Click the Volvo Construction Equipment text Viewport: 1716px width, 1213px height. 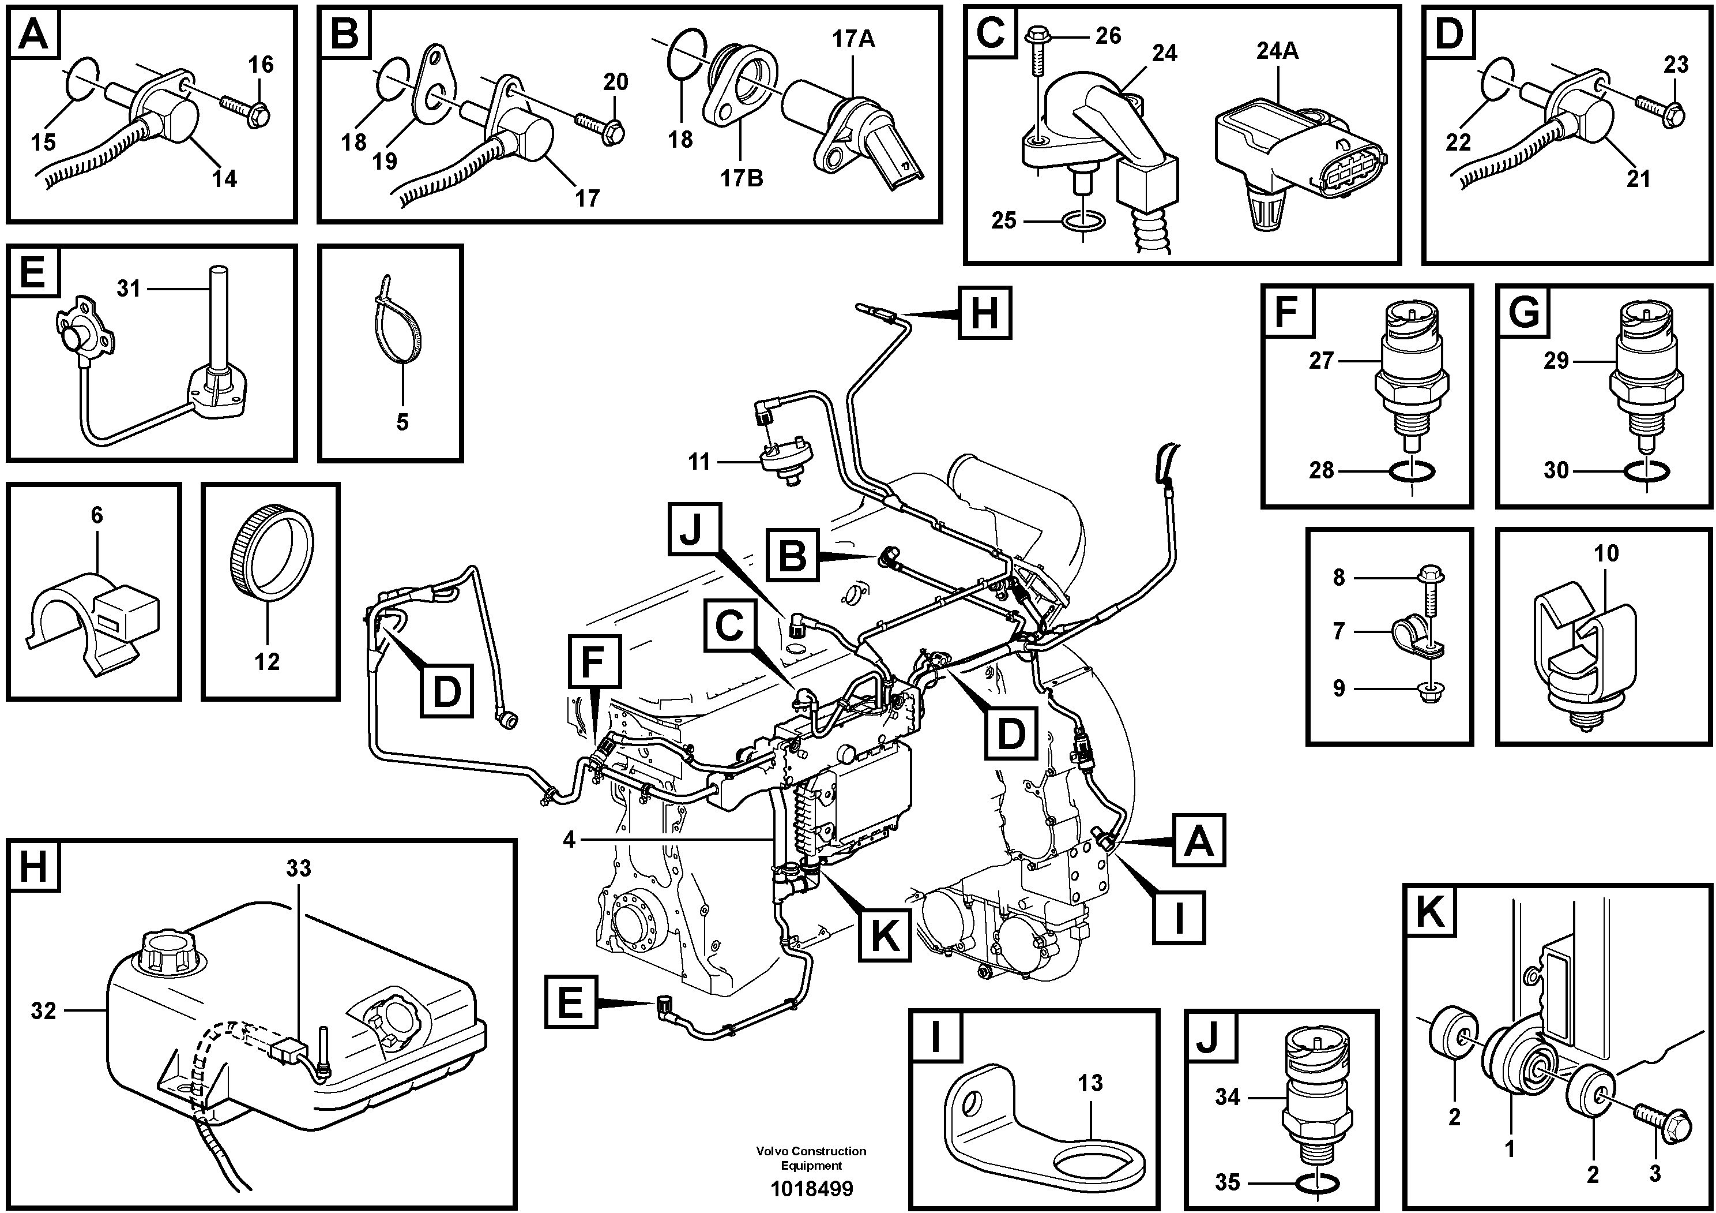click(811, 1158)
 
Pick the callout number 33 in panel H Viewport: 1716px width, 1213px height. click(298, 868)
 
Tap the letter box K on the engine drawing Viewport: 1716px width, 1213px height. click(885, 935)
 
